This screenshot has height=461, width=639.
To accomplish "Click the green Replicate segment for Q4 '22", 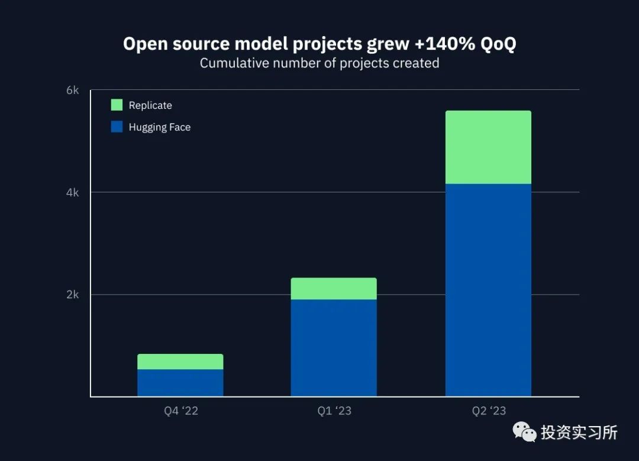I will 180,362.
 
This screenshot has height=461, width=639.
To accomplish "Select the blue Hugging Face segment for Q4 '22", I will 180,382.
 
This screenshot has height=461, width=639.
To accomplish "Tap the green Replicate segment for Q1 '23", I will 334,289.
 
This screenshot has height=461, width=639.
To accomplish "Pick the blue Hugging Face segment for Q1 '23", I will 334,347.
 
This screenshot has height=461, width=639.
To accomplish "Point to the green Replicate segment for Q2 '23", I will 488,147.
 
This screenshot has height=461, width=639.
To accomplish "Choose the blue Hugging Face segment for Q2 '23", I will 488,290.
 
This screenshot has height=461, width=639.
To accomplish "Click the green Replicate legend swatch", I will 117,105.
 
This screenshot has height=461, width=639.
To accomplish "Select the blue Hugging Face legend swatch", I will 117,127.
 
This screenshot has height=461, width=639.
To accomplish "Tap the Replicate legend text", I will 150,105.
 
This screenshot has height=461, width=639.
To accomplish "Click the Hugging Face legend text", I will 160,127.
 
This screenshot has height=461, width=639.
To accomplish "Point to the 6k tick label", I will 73,90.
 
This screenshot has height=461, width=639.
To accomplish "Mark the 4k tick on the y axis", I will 73,192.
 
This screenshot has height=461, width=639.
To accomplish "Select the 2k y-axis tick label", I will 73,295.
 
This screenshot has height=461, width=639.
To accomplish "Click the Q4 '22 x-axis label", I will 181,411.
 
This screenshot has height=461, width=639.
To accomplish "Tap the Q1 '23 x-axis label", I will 334,411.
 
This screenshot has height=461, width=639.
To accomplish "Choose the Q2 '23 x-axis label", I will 489,411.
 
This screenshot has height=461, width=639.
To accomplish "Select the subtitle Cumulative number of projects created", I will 319,63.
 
